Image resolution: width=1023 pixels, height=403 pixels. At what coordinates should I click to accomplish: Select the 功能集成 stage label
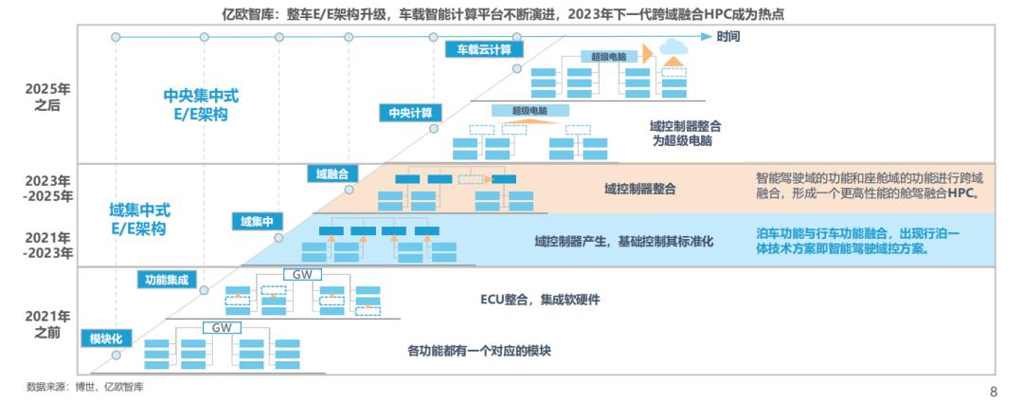(x=167, y=280)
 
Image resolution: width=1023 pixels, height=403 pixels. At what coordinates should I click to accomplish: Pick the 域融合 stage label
(x=332, y=174)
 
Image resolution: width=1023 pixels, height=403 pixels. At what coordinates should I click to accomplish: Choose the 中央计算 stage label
(x=410, y=113)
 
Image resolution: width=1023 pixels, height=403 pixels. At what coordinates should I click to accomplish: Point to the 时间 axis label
(x=728, y=36)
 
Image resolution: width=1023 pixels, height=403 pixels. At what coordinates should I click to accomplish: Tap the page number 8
(x=993, y=391)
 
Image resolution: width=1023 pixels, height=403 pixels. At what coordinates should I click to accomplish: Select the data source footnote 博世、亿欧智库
(x=85, y=387)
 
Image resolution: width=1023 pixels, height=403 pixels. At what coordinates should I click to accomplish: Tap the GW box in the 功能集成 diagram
(x=302, y=275)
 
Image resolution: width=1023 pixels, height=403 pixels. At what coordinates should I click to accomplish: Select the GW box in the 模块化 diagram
(x=222, y=327)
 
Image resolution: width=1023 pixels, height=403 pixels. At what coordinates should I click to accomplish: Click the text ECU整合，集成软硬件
(x=540, y=300)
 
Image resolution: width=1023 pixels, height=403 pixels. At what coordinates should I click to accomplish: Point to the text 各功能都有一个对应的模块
(x=478, y=351)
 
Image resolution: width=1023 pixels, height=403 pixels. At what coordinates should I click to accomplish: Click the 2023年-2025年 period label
(x=49, y=188)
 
